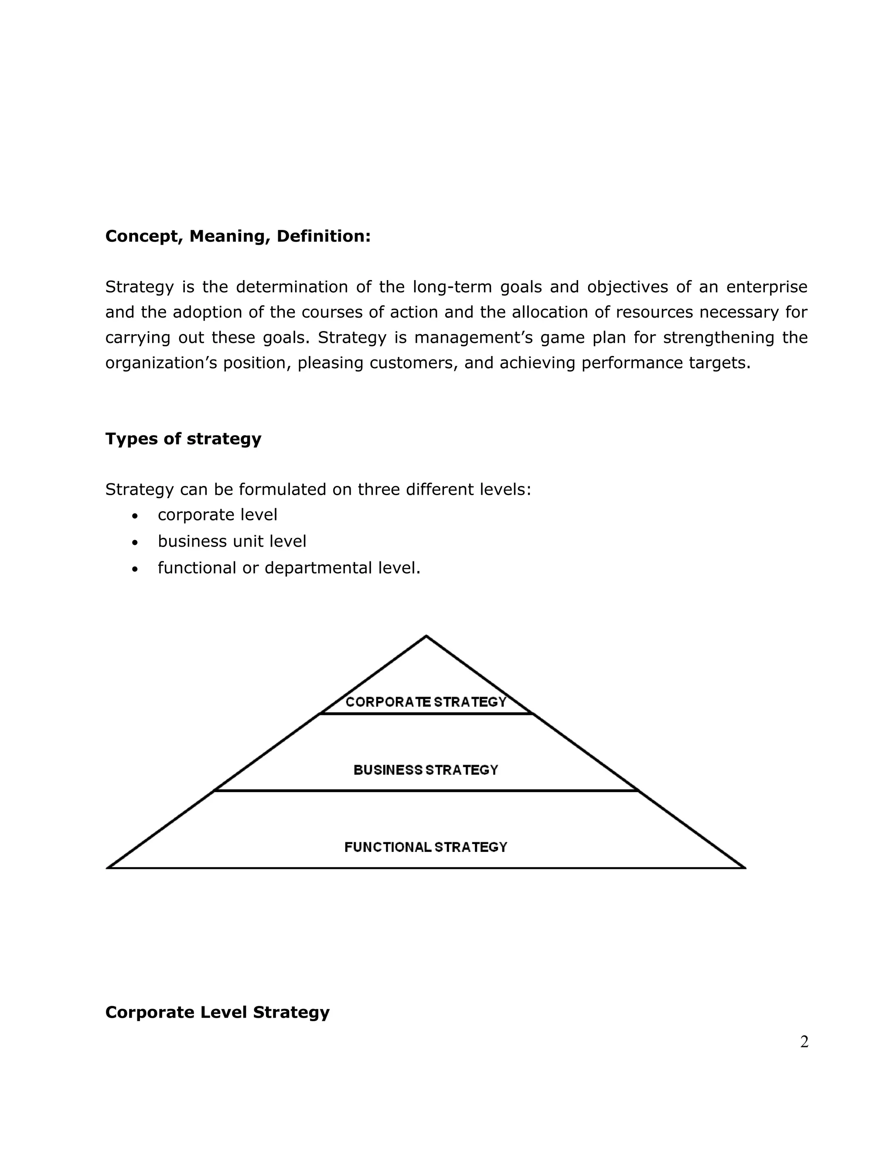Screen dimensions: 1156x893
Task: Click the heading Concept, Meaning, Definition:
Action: pyautogui.click(x=238, y=236)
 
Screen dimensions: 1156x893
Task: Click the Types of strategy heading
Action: pyautogui.click(x=183, y=439)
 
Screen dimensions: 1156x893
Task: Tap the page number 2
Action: pyautogui.click(x=804, y=1042)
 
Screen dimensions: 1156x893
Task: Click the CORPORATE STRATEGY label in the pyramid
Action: pyautogui.click(x=426, y=702)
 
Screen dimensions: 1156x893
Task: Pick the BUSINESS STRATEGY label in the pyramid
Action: pyautogui.click(x=426, y=770)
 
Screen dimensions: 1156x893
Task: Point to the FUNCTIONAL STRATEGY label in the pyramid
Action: pyautogui.click(x=426, y=848)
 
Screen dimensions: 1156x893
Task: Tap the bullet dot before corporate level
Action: pyautogui.click(x=136, y=516)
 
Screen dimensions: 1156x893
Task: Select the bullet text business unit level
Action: pyautogui.click(x=232, y=541)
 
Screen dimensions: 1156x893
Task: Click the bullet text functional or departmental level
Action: pyautogui.click(x=289, y=568)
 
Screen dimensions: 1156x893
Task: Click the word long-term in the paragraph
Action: pyautogui.click(x=452, y=287)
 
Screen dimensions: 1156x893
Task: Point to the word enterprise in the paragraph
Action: pyautogui.click(x=767, y=287)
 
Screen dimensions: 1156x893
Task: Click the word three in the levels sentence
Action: pyautogui.click(x=378, y=489)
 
